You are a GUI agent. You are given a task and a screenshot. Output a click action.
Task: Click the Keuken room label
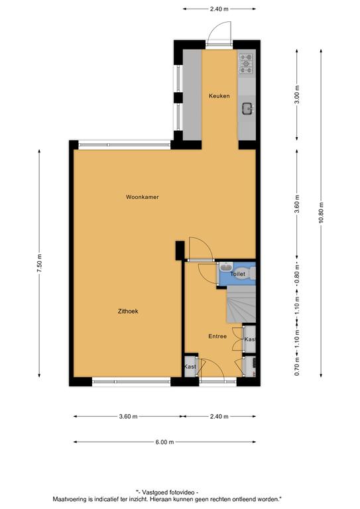219,95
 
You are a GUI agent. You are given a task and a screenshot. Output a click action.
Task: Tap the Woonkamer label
142,197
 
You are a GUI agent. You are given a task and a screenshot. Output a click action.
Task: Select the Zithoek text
128,311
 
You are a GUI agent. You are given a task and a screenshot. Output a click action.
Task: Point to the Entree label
217,336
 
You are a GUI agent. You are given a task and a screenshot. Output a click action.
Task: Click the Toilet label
237,274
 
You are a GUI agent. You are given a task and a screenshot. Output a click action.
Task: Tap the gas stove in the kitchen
246,64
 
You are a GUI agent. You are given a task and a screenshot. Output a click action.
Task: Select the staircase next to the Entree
241,304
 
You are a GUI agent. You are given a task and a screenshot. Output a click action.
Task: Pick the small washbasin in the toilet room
225,268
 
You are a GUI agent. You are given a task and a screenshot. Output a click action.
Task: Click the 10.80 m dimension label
321,213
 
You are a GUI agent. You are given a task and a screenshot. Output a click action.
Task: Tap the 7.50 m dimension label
39,263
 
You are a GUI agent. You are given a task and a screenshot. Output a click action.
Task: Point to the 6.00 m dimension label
164,442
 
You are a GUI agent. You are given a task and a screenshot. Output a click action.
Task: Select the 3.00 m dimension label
297,95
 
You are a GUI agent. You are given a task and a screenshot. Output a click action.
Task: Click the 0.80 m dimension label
297,274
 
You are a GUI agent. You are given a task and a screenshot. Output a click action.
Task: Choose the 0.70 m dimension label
297,366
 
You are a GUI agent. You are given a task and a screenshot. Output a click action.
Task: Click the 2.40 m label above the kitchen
219,9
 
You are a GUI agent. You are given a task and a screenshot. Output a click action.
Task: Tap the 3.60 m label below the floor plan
128,416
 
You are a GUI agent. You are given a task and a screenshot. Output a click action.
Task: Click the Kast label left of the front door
190,367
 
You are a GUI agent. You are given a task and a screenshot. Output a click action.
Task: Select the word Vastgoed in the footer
154,492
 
